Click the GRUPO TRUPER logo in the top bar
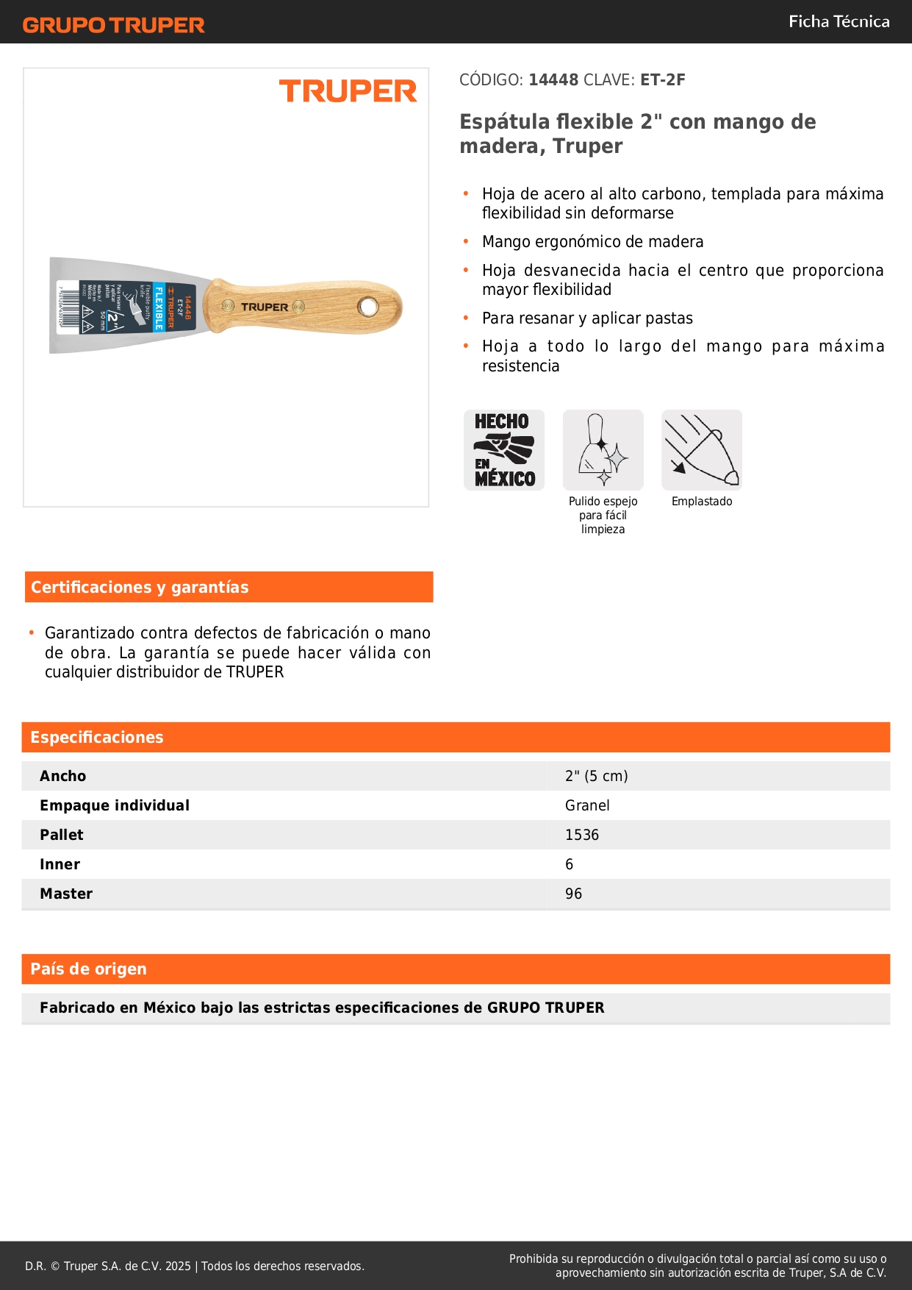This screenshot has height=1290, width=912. pyautogui.click(x=114, y=25)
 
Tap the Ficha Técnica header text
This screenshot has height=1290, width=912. pyautogui.click(x=839, y=21)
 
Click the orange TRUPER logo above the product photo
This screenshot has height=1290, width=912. pyautogui.click(x=348, y=91)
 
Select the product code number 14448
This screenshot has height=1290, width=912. pyautogui.click(x=553, y=79)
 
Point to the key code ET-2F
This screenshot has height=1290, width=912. pyautogui.click(x=662, y=79)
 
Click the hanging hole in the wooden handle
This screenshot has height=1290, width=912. pyautogui.click(x=367, y=306)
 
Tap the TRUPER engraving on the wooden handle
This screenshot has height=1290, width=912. pyautogui.click(x=265, y=307)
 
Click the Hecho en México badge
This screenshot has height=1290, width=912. pyautogui.click(x=504, y=450)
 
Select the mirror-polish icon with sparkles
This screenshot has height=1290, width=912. pyautogui.click(x=603, y=450)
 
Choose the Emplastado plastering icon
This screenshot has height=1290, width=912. pyautogui.click(x=702, y=450)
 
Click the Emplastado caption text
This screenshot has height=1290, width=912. pyautogui.click(x=702, y=502)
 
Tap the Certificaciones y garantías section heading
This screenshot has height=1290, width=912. pyautogui.click(x=140, y=587)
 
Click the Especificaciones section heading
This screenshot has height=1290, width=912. pyautogui.click(x=97, y=737)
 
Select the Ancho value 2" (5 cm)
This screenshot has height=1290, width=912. pyautogui.click(x=596, y=776)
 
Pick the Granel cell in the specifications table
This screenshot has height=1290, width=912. pyautogui.click(x=587, y=805)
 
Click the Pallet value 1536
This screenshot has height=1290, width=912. pyautogui.click(x=582, y=835)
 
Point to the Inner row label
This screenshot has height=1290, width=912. pyautogui.click(x=60, y=864)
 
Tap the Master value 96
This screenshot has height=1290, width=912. pyautogui.click(x=573, y=894)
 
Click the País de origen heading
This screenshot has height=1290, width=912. pyautogui.click(x=88, y=969)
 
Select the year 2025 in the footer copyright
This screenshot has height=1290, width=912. pyautogui.click(x=178, y=1266)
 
